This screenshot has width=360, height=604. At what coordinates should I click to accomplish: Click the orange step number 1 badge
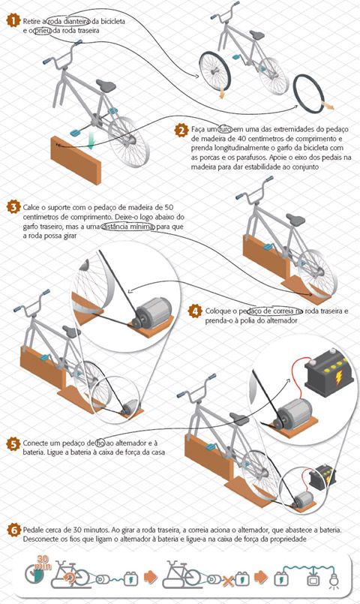[13, 21]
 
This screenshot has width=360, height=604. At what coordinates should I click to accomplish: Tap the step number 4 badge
[195, 311]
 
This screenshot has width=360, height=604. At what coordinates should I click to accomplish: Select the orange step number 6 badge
[13, 530]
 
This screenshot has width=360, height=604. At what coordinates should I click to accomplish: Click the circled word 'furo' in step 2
[225, 129]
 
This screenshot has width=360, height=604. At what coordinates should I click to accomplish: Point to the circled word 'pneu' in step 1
[43, 31]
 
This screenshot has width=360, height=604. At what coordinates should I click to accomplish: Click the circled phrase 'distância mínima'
[128, 227]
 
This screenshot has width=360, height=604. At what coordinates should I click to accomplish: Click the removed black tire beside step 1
[309, 94]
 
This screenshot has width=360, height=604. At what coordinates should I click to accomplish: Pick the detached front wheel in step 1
[214, 71]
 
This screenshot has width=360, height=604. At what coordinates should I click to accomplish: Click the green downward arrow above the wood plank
[90, 141]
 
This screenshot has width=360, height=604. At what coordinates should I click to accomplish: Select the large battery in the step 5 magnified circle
[329, 373]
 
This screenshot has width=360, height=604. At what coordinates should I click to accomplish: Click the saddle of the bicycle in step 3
[295, 220]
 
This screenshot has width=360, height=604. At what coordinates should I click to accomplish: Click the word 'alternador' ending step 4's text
[281, 320]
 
